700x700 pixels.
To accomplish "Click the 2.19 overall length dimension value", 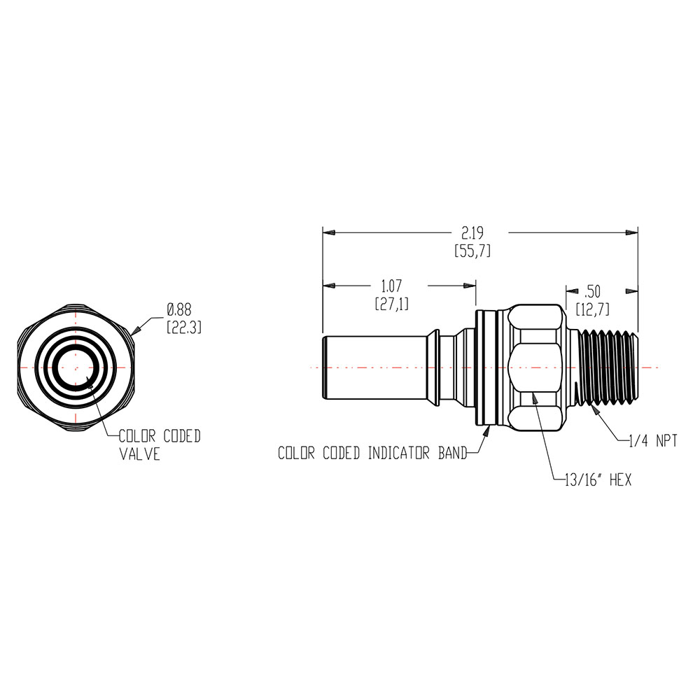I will (473, 232).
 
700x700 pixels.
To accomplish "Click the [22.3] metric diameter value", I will (183, 327).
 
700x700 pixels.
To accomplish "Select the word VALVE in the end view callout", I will (139, 454).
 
